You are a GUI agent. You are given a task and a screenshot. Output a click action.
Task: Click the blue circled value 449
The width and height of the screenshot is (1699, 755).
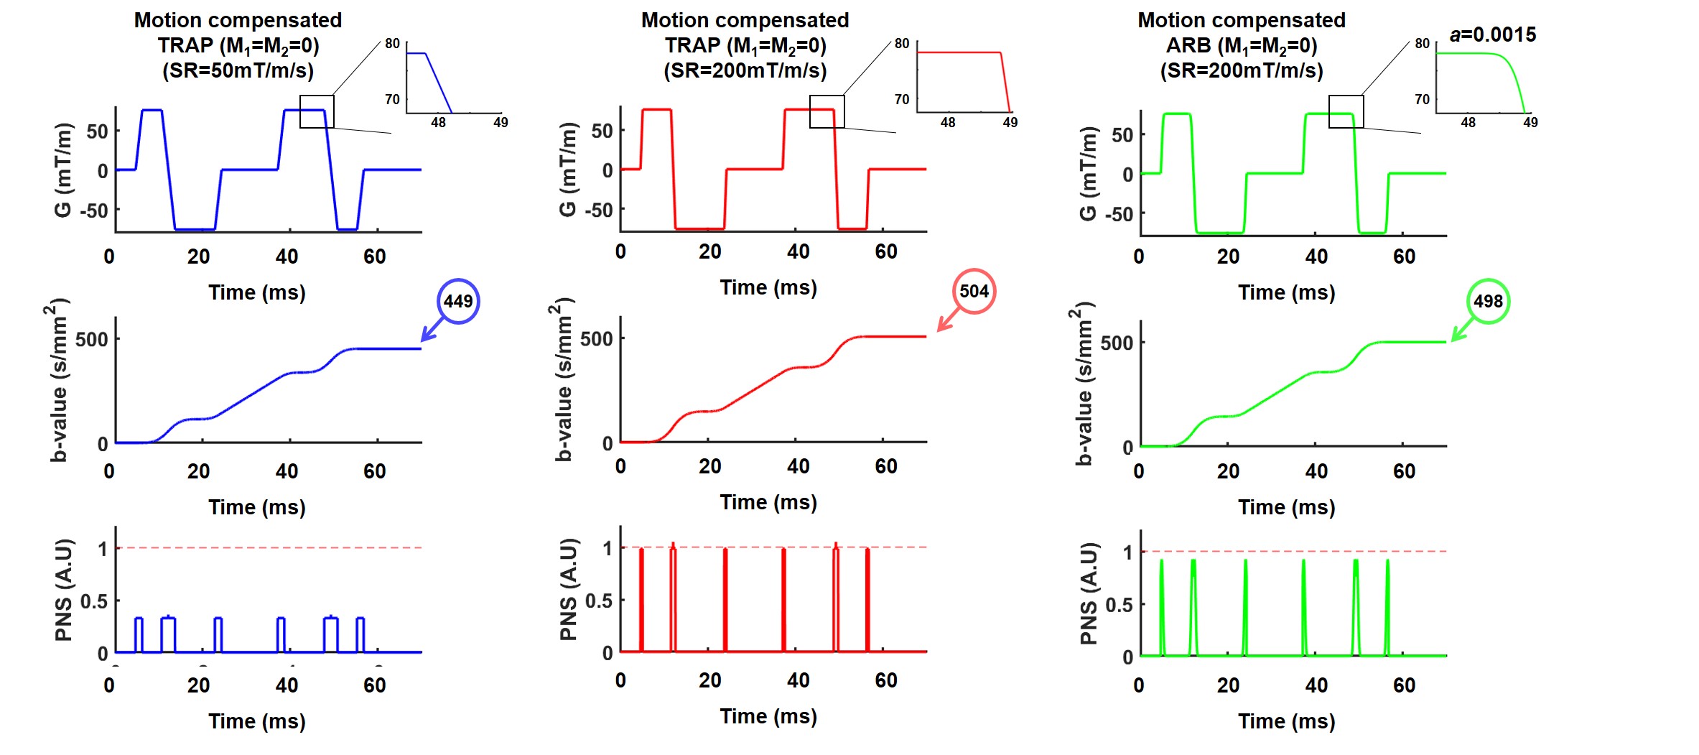(458, 301)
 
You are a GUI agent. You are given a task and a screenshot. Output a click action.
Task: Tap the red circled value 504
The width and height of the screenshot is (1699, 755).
(974, 291)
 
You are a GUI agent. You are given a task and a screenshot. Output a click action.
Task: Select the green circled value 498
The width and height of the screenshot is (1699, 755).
(1488, 301)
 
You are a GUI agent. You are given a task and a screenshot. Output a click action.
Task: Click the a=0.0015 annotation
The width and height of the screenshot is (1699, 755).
(1492, 34)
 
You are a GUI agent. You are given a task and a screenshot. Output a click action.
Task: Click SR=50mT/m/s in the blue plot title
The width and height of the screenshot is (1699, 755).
(238, 70)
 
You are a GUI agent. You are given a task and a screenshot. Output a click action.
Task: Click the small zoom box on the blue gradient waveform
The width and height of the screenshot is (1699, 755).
(317, 111)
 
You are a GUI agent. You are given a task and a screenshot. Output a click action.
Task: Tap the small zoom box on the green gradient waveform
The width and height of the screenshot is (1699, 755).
(1346, 111)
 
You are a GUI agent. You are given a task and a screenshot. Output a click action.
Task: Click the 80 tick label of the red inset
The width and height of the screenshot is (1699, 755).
(902, 43)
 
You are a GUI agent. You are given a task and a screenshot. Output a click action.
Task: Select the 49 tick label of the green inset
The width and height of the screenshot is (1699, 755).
(1530, 122)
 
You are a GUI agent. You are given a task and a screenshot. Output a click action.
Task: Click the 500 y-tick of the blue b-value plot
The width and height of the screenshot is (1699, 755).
(92, 339)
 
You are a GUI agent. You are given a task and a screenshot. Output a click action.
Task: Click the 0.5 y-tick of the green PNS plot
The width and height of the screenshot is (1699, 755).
(1119, 605)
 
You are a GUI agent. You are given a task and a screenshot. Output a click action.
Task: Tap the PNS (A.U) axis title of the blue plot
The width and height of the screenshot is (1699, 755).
(64, 589)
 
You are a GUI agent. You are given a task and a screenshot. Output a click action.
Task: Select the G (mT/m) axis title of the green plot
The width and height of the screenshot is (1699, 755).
(1088, 172)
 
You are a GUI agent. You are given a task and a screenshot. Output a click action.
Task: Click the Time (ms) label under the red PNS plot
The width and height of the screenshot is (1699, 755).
(768, 716)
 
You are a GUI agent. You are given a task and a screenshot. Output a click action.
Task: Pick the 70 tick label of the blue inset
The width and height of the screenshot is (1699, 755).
(392, 99)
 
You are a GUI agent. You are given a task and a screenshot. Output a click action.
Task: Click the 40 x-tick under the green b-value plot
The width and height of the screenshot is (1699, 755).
(1316, 471)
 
